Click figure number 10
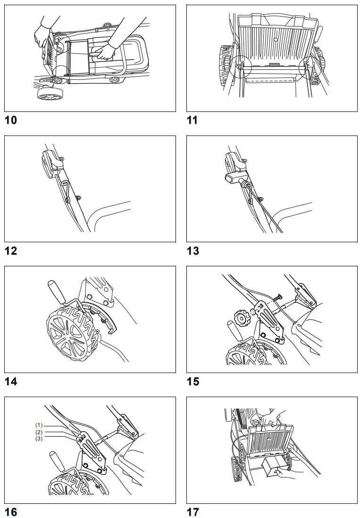[10, 120]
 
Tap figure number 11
[192, 120]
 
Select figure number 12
[10, 251]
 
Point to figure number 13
[193, 251]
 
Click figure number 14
[10, 381]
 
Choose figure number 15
[193, 381]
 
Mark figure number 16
[10, 512]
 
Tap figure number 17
[193, 512]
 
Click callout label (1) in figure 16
[39, 425]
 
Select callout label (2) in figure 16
[39, 432]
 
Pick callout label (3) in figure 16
[39, 439]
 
